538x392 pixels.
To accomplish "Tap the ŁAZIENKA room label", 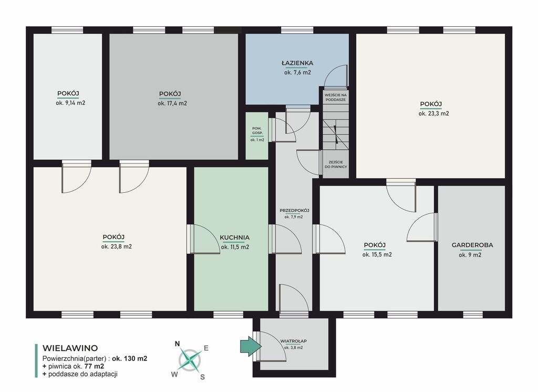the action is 297,63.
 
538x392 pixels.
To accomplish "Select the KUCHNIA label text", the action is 235,238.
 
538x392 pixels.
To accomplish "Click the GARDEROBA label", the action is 472,245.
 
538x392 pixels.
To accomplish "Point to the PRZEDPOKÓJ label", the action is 294,211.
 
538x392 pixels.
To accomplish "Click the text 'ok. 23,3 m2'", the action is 433,114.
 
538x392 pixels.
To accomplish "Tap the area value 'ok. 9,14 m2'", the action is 70,103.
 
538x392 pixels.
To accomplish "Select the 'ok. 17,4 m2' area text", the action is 172,104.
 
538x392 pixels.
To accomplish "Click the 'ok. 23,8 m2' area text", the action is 116,246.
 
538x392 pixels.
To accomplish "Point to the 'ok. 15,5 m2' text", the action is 377,255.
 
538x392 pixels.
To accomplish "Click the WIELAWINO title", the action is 70,348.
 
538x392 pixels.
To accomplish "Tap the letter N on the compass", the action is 178,344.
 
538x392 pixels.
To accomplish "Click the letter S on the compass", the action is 202,377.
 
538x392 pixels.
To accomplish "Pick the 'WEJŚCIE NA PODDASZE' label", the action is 336,97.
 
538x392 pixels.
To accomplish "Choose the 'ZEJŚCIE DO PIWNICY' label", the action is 336,164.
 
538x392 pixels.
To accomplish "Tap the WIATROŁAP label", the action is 293,341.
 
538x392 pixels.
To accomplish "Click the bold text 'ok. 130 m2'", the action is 130,359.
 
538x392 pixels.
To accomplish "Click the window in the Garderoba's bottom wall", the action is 473,314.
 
